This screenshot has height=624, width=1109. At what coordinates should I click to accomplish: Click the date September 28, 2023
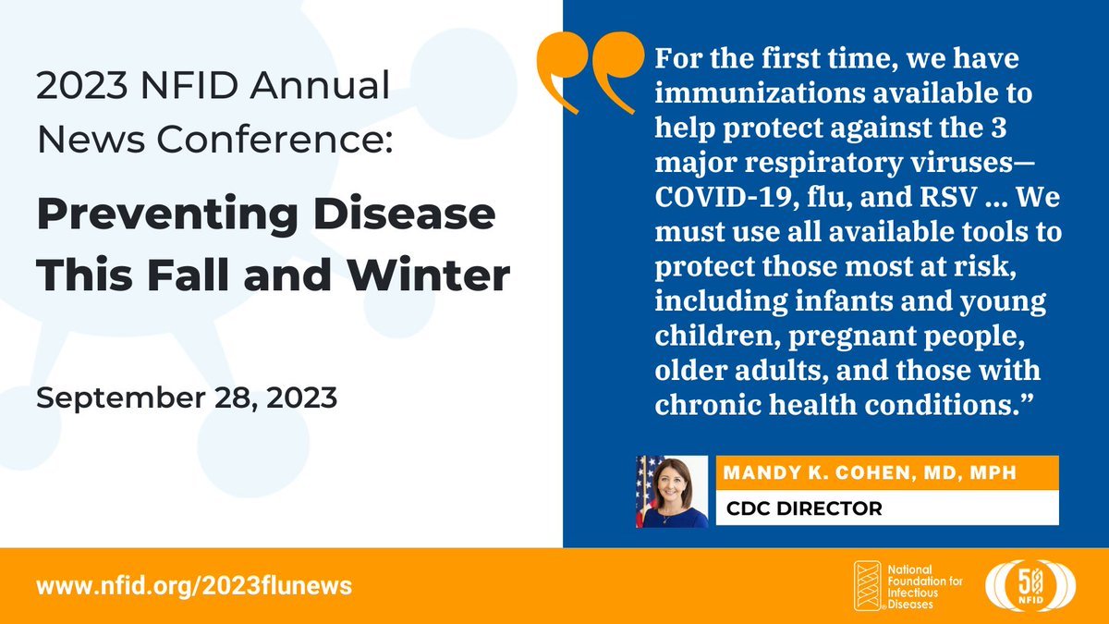187,398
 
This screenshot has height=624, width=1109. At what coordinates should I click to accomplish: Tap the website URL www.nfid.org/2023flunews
194,586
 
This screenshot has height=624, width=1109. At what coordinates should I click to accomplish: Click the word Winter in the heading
428,275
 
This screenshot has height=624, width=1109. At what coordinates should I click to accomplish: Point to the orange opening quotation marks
591,72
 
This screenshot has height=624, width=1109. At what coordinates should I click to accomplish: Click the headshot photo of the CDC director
672,491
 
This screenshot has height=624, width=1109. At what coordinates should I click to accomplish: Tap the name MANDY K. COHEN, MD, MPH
870,472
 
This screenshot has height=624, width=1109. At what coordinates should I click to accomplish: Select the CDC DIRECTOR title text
804,508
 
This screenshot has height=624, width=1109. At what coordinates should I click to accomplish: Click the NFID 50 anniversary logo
1030,586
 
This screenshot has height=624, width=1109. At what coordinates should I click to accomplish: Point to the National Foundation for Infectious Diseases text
925,587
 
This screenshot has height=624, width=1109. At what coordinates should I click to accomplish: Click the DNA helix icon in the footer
868,586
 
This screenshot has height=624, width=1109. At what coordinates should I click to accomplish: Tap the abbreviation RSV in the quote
948,197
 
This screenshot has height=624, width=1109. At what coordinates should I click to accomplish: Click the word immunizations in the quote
760,93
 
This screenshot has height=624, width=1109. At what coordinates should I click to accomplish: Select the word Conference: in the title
274,140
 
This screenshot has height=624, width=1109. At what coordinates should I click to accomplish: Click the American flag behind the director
647,490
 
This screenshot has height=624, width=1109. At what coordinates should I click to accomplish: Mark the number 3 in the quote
999,128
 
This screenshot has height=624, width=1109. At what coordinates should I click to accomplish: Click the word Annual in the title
320,86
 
